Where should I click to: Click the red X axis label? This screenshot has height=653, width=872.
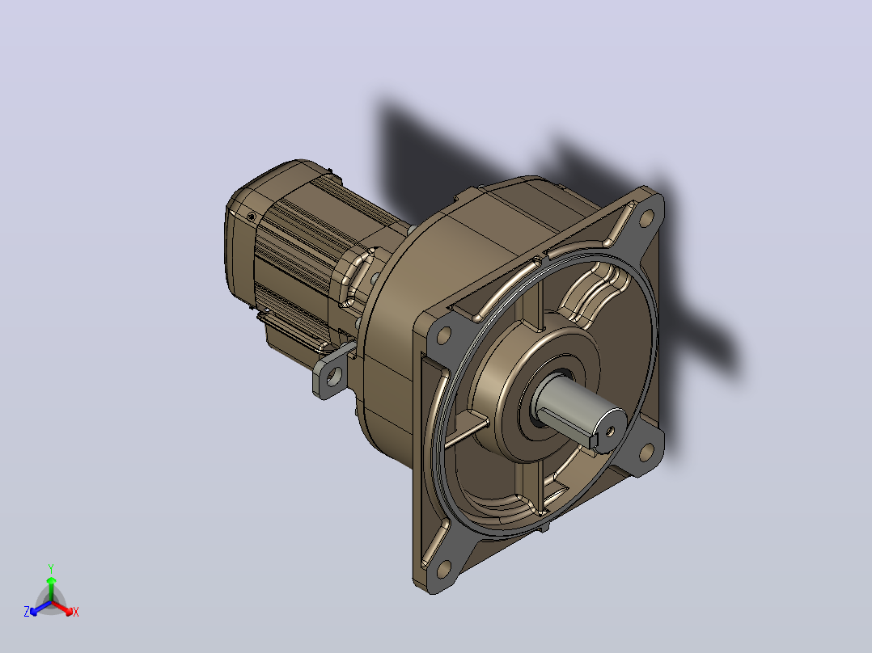coord(76,612)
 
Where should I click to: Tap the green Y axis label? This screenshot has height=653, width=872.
coord(51,568)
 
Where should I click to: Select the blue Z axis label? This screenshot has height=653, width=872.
coord(27,611)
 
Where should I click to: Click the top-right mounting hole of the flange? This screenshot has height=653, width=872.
coord(646,218)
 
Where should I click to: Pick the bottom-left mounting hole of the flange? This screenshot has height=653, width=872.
coord(444,569)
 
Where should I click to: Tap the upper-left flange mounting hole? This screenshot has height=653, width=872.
coord(444,335)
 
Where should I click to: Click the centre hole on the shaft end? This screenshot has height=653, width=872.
coord(610,430)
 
